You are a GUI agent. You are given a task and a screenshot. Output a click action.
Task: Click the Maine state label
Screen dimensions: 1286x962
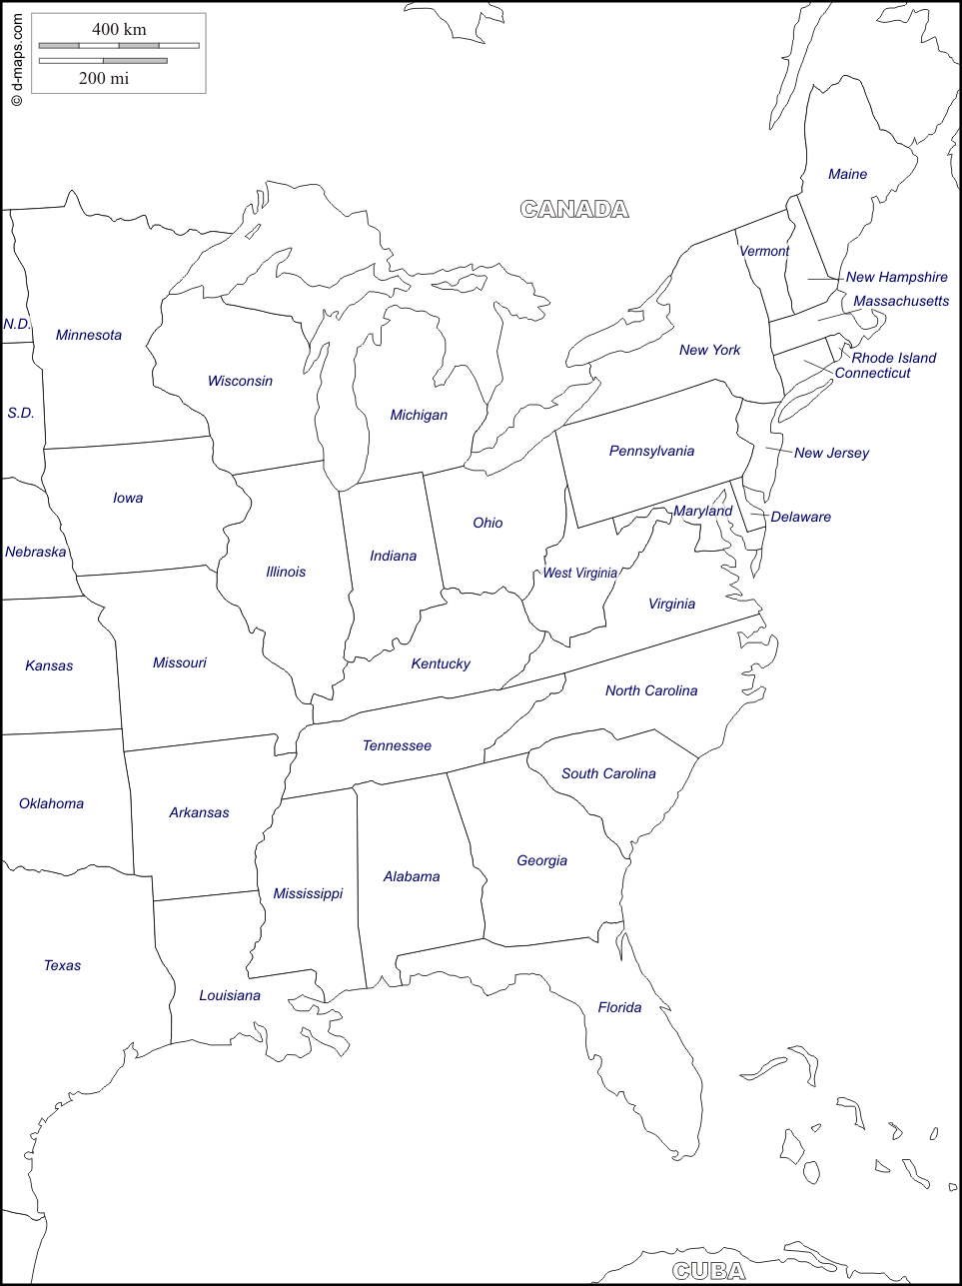[x=847, y=175]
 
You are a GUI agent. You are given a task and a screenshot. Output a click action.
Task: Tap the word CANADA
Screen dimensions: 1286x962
[x=574, y=209]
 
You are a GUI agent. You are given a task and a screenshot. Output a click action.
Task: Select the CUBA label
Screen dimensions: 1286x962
[x=708, y=1271]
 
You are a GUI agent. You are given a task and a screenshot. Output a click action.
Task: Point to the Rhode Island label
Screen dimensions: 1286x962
[x=894, y=358]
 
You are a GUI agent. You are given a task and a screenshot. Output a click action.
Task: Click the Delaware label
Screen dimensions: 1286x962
[x=800, y=517]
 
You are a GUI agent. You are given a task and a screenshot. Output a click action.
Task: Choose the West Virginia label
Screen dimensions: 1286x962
[x=579, y=573]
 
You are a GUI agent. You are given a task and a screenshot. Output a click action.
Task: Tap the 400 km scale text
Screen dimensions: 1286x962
[x=119, y=29]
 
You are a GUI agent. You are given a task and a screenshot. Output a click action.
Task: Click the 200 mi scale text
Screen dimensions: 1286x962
[x=104, y=78]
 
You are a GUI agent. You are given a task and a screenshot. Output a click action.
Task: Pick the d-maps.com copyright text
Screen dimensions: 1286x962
[x=16, y=60]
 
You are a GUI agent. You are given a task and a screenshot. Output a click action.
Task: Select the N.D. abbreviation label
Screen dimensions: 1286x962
[x=17, y=324]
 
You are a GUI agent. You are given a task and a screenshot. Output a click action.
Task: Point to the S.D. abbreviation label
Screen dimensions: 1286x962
[x=20, y=413]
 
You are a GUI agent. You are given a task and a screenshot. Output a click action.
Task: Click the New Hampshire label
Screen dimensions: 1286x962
[x=896, y=277]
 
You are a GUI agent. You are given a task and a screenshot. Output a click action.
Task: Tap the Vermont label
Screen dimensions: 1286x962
[x=764, y=251]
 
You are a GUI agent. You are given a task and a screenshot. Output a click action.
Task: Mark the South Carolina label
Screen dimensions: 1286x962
[x=608, y=773]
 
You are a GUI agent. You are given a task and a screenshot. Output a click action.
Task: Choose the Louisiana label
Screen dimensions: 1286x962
[x=229, y=995]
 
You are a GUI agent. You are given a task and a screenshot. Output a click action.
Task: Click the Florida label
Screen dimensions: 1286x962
[x=619, y=1007]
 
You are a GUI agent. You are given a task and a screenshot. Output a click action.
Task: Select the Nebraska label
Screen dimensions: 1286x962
[x=35, y=552]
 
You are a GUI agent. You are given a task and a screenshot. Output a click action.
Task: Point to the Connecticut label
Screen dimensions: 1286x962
[x=872, y=373]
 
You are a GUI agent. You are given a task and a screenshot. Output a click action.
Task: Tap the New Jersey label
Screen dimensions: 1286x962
[x=831, y=453]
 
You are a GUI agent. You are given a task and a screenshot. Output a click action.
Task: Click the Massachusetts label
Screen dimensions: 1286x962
[x=901, y=301]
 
